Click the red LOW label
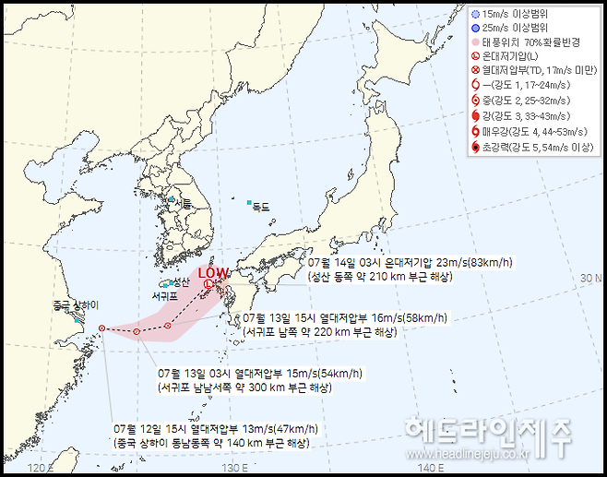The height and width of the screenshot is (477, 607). click(213, 272)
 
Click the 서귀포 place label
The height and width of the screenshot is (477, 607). click(165, 297)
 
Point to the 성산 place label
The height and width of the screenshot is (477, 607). click(181, 281)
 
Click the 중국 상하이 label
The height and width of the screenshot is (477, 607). click(76, 304)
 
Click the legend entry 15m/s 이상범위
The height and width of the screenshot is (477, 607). click(521, 15)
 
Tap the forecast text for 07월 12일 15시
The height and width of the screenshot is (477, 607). click(216, 429)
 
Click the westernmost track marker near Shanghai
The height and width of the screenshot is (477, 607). click(101, 328)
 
